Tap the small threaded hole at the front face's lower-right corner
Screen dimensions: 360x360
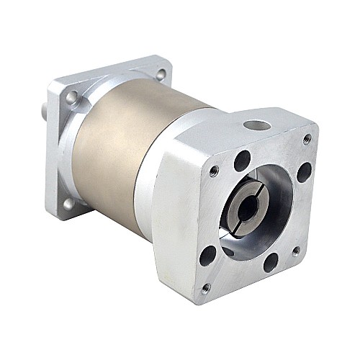[296, 251]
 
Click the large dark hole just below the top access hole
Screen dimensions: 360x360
[242, 161]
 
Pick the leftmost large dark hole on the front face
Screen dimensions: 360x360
[208, 254]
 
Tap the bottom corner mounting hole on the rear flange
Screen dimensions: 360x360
[69, 204]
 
